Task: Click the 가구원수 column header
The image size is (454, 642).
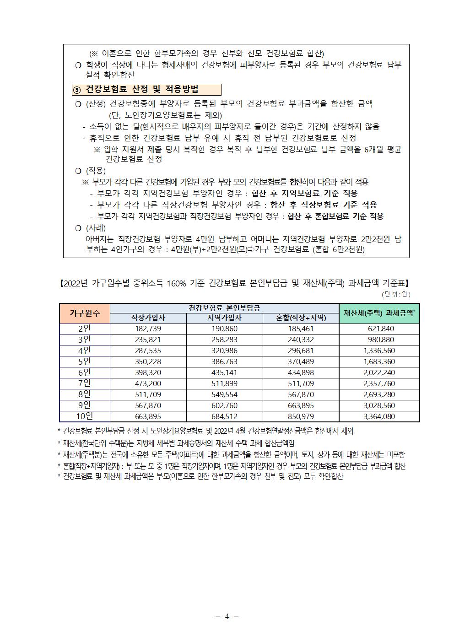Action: [85, 313]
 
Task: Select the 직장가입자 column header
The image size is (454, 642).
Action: [148, 318]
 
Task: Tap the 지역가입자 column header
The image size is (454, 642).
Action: [224, 318]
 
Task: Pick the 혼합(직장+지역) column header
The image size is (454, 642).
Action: [301, 318]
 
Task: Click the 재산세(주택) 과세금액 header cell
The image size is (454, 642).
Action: [379, 313]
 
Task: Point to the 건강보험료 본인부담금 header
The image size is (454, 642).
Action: [224, 308]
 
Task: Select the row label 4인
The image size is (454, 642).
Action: [85, 351]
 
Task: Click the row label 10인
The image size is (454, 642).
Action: [85, 416]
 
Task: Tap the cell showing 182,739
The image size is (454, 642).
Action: [148, 329]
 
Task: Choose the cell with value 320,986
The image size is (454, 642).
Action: [224, 351]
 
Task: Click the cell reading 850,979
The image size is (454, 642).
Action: [301, 416]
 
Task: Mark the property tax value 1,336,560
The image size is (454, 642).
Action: [379, 351]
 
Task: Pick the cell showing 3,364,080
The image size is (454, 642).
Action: [379, 416]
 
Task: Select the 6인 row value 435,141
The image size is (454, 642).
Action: [224, 372]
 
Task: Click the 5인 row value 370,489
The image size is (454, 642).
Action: [301, 361]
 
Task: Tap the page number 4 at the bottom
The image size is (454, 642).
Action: [227, 616]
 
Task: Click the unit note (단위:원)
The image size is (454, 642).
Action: [396, 294]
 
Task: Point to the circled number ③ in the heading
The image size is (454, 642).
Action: [77, 90]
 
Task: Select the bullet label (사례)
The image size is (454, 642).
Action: [96, 228]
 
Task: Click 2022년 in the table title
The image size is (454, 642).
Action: [76, 284]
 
